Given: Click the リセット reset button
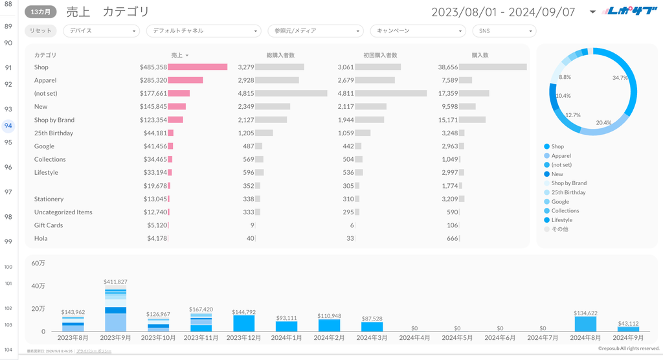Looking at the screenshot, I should click(x=41, y=30).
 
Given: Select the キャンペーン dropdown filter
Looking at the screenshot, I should click(x=418, y=30).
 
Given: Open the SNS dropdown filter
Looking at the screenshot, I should click(x=504, y=30).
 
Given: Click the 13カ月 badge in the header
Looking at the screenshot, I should click(x=41, y=12).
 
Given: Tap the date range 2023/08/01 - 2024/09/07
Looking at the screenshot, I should click(x=503, y=12).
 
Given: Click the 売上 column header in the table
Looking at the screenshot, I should click(x=177, y=55).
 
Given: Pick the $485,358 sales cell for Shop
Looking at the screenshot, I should click(x=153, y=67).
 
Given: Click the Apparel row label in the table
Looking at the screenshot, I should click(x=45, y=80).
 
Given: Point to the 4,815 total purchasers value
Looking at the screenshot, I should click(x=246, y=93).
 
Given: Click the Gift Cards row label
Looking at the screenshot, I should click(x=49, y=225).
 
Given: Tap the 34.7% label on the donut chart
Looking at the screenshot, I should click(x=620, y=78).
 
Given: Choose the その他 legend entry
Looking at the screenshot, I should click(x=560, y=229).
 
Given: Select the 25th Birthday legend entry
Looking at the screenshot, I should click(x=568, y=192).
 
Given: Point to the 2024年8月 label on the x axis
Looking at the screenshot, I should click(x=585, y=337).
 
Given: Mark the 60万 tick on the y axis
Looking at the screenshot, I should click(x=38, y=263).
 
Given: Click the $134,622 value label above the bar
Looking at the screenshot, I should click(x=585, y=313).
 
